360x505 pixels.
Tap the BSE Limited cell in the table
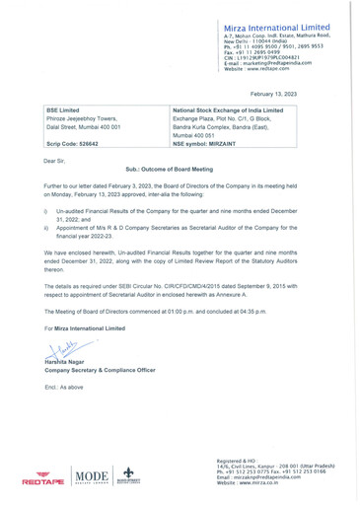(64, 110)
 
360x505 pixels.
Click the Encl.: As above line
(65, 388)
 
